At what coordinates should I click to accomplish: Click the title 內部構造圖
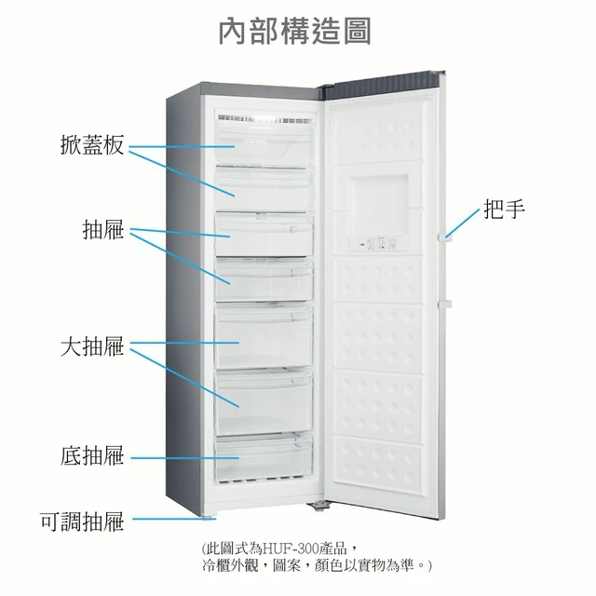295,31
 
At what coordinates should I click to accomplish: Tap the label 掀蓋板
92,145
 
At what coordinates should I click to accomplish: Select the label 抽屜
103,229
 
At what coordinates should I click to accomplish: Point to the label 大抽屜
92,346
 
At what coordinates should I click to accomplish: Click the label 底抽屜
92,455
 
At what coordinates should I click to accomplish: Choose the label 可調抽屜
82,521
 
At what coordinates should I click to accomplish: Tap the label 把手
504,209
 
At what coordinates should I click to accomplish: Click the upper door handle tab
445,237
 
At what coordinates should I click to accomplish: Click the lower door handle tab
445,305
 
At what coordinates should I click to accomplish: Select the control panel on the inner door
378,243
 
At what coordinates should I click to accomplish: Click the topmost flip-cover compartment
264,145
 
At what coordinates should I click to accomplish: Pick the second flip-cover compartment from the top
264,189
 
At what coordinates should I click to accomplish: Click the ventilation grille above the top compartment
264,119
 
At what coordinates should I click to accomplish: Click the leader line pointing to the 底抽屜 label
185,458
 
